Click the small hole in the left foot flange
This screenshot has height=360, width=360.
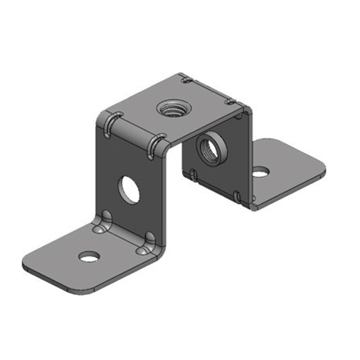(89, 256)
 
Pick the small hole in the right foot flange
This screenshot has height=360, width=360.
(260, 170)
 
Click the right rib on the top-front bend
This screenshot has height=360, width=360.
(154, 145)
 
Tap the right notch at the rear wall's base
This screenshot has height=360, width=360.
(238, 194)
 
